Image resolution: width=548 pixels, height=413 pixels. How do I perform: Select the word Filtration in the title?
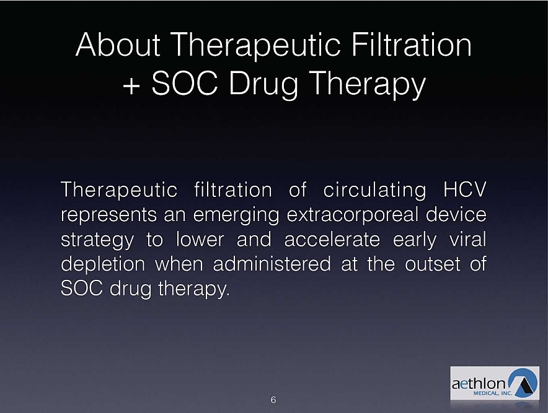point(412,45)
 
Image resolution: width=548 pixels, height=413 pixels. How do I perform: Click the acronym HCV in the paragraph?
point(465,189)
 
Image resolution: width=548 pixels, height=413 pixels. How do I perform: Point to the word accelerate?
point(332,240)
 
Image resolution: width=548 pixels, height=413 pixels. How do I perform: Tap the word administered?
point(272,264)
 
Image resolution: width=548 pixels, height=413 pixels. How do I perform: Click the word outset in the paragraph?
point(433,264)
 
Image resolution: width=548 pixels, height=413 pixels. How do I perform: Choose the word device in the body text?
point(456,215)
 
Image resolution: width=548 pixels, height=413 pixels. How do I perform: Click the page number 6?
point(273,400)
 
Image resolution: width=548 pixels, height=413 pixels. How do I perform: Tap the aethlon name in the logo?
point(479,384)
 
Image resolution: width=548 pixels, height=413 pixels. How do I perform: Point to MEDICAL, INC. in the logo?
point(492,393)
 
